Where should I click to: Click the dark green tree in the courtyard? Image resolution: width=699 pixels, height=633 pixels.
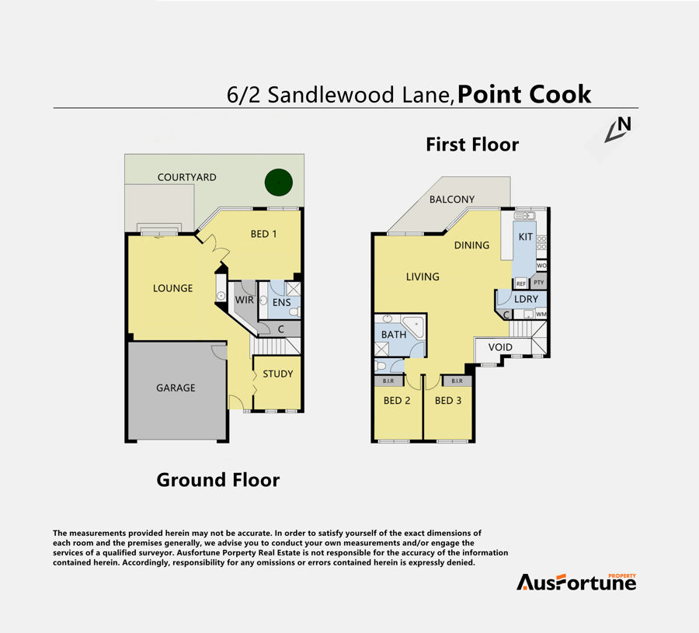279,183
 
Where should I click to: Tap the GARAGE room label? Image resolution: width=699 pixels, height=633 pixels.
176,388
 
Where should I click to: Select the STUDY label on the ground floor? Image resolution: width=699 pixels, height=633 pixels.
278,374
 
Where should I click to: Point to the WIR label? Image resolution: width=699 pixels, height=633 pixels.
245,300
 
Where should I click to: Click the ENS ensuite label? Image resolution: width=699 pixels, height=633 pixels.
282,303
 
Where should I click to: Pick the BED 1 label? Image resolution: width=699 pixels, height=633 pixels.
263,234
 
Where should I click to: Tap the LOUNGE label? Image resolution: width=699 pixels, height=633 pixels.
173,288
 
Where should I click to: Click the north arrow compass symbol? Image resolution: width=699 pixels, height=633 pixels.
618,130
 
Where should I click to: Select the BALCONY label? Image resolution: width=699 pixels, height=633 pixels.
452,200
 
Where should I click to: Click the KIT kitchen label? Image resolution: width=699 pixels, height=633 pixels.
526,237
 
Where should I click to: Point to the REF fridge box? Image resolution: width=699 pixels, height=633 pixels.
521,283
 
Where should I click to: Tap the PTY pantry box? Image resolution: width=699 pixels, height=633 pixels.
538,282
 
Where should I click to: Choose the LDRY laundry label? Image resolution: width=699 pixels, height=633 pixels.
526,299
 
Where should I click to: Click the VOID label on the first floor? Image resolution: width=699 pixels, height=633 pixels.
500,347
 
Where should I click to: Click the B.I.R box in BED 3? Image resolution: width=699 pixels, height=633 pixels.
457,381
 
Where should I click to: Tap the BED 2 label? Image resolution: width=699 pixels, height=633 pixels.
397,401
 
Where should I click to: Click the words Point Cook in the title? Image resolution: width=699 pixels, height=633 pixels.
524,95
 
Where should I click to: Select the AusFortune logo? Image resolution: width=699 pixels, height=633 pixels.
576,582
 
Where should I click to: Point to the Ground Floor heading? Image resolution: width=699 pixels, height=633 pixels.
218,480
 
